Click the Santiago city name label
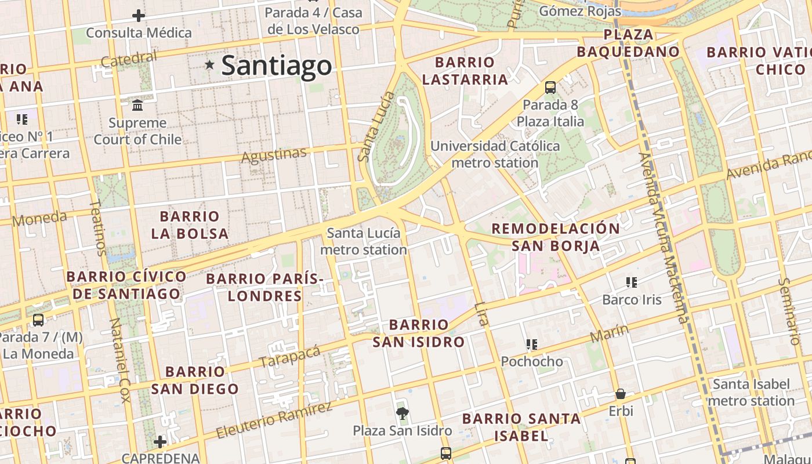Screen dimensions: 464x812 pos(277,65)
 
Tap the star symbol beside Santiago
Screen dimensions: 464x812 pos(209,65)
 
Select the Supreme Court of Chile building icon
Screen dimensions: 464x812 pos(138,106)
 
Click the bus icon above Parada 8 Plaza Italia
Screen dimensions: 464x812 pos(550,88)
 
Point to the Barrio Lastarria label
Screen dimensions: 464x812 pos(465,71)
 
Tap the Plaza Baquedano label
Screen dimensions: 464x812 pos(628,43)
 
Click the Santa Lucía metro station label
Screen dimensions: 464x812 pos(364,241)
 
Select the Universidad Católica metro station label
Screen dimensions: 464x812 pos(495,154)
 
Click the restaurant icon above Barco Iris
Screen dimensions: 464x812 pos(632,282)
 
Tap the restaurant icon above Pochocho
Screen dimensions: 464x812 pos(531,345)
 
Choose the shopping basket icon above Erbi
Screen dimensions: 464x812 pos(621,394)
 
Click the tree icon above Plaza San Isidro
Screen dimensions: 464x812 pos(402,413)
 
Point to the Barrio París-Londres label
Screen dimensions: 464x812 pos(264,287)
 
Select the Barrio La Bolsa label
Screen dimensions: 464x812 pos(190,225)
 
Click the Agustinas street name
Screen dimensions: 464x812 pos(273,155)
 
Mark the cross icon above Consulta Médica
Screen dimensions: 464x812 pos(139,16)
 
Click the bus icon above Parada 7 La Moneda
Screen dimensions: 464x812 pos(38,320)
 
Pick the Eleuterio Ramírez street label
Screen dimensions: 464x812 pos(274,419)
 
